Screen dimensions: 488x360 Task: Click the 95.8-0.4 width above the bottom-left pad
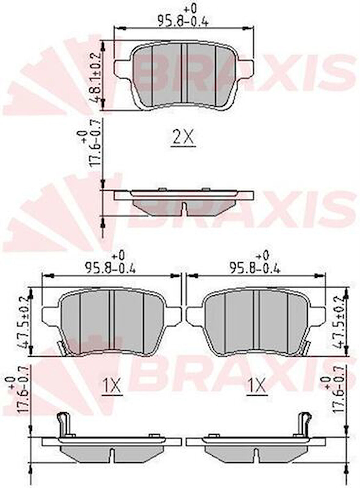coord(110,268)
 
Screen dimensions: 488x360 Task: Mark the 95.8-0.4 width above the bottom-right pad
coord(255,268)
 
